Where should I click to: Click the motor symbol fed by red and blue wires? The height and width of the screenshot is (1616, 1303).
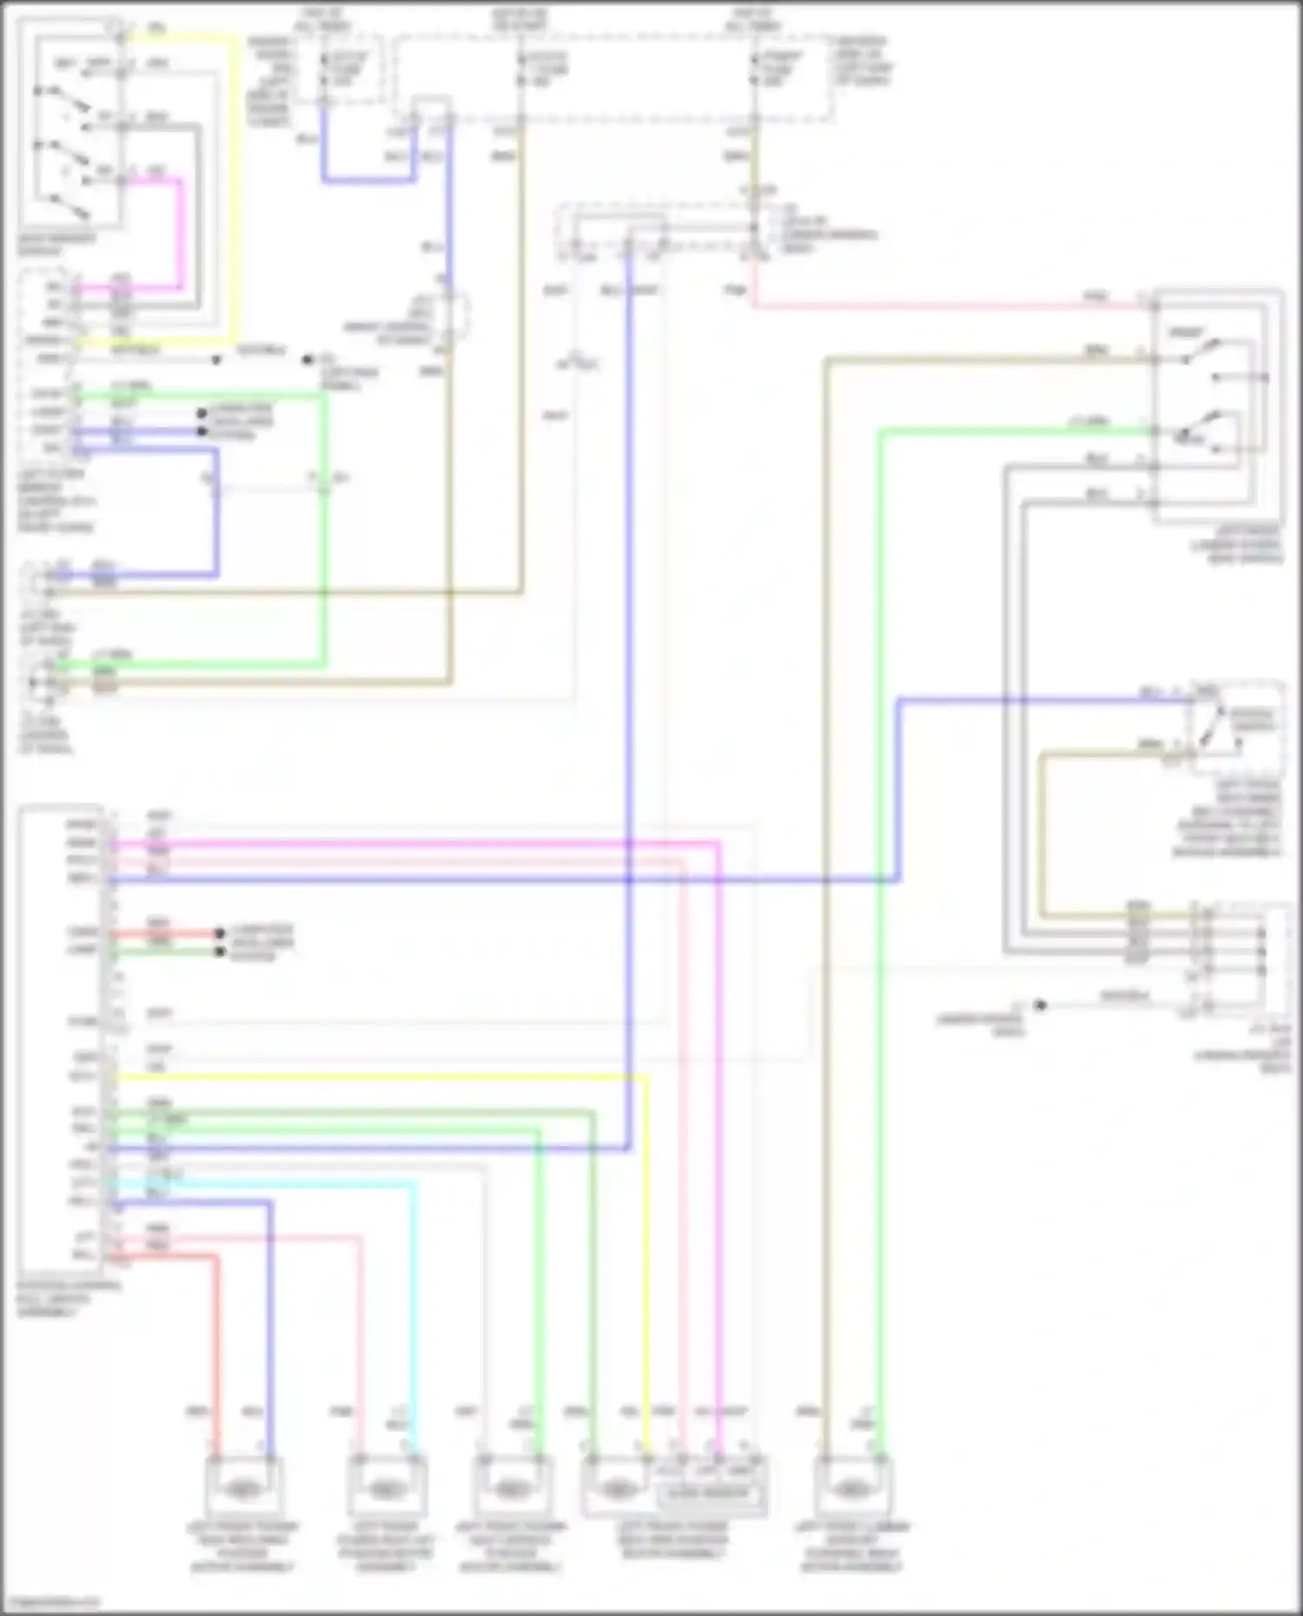click(244, 1489)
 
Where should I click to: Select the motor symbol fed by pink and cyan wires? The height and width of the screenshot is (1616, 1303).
click(386, 1489)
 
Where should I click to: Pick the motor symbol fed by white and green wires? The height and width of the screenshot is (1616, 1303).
click(511, 1489)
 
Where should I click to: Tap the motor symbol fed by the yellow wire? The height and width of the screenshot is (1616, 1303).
click(617, 1490)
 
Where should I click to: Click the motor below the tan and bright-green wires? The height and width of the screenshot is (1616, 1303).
click(849, 1490)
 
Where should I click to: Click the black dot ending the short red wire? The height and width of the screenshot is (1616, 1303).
click(220, 934)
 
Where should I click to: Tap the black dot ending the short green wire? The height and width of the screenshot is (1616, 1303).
click(220, 953)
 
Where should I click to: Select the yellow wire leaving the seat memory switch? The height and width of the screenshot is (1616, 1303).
click(235, 174)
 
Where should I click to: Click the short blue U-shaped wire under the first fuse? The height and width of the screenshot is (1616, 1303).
click(369, 181)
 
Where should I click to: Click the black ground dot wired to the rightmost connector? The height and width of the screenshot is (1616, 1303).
click(1040, 1006)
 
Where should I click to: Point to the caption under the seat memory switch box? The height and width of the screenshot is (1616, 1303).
click(56, 245)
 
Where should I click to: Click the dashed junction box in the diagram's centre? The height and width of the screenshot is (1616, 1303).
click(660, 232)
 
